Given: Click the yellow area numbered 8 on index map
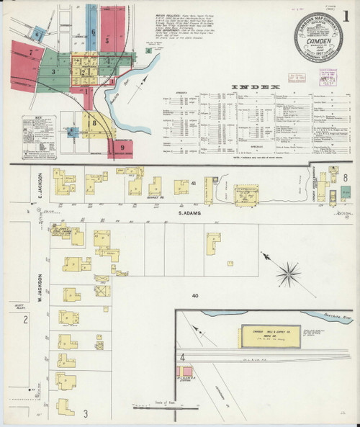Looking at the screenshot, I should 93,123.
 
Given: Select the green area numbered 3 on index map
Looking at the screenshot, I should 54,71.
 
